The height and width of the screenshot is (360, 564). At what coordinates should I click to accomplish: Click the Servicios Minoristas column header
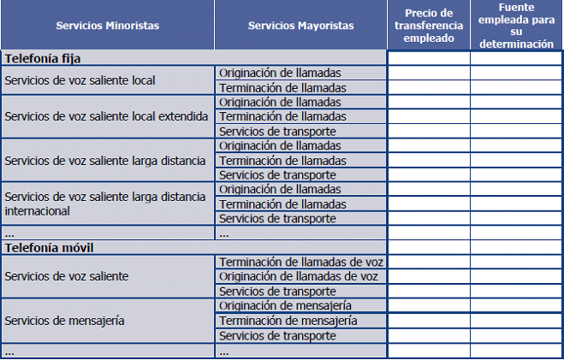(x=107, y=26)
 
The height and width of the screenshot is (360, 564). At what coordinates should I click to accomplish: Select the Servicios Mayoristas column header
(x=300, y=26)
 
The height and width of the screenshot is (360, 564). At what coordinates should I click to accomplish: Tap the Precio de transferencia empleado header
(x=428, y=26)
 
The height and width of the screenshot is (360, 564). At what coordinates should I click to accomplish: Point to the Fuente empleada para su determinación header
(x=516, y=26)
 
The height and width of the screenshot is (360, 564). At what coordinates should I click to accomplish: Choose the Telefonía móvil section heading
(x=48, y=247)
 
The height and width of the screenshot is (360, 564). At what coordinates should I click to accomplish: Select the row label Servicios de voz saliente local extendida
(x=106, y=116)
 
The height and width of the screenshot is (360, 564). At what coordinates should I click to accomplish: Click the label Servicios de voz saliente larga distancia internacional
(x=104, y=203)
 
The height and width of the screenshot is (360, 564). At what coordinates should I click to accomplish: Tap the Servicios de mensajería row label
(x=65, y=321)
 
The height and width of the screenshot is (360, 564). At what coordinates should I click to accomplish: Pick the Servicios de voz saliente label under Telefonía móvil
(x=67, y=276)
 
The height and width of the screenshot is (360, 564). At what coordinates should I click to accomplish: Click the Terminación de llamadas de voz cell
(x=301, y=262)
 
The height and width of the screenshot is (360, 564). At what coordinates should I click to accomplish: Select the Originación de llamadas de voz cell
(x=300, y=276)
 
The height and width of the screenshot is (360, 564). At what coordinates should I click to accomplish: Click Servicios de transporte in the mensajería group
(x=277, y=335)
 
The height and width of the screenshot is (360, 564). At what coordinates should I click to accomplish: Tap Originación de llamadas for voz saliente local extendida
(x=280, y=102)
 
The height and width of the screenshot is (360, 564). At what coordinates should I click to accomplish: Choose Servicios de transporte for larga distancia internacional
(x=277, y=218)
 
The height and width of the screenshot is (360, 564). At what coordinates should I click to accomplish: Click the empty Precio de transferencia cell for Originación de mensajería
(x=428, y=305)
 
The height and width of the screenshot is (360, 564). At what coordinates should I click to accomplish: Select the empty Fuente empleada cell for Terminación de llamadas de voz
(x=516, y=262)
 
